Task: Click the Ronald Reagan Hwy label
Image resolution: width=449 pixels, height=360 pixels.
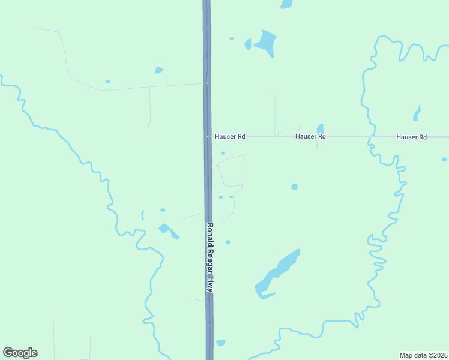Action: tap(210, 258)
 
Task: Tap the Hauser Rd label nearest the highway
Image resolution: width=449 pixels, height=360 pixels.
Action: tap(230, 137)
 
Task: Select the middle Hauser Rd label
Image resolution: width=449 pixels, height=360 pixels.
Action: tap(310, 137)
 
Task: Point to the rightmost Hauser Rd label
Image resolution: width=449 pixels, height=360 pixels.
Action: tap(411, 137)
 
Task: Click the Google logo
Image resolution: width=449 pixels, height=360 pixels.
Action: tap(20, 353)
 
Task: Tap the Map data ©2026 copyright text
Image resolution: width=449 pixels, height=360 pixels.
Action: tap(423, 355)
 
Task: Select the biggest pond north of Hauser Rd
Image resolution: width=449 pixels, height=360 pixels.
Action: tap(265, 42)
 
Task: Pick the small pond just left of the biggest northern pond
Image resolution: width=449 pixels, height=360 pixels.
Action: tap(247, 44)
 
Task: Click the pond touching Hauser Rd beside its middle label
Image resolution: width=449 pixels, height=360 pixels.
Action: tap(320, 128)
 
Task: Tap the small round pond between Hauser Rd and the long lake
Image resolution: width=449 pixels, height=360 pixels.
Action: tap(294, 187)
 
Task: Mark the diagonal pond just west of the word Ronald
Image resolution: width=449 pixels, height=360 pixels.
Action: tap(167, 230)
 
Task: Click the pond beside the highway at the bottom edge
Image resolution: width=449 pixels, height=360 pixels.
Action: tap(220, 343)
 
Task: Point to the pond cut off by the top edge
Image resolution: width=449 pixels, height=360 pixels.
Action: tap(286, 4)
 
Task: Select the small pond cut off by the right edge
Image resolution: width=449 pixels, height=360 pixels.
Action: tap(444, 160)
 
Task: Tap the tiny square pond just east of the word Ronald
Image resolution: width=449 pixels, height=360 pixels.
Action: tap(228, 242)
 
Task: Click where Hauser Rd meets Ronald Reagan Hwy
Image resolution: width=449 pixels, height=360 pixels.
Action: tap(207, 137)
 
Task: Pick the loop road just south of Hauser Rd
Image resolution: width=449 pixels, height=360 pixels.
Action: tap(232, 171)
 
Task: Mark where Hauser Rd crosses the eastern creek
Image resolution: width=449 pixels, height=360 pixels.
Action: tap(370, 137)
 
